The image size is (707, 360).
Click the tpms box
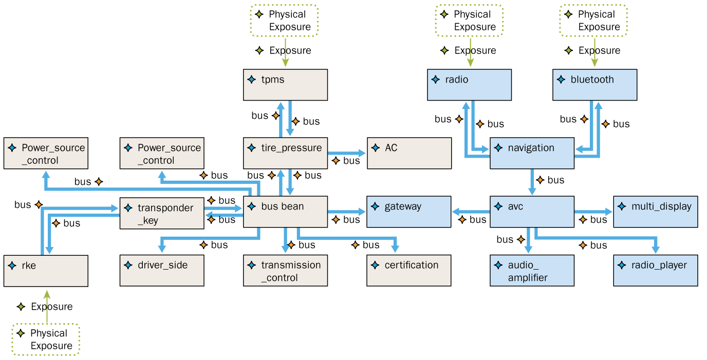[x=285, y=85]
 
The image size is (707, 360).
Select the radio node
[x=469, y=85]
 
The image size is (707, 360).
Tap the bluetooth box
[x=594, y=85]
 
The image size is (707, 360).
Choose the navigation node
[x=532, y=153]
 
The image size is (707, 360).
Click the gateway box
[x=408, y=212]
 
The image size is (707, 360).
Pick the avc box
[x=532, y=212]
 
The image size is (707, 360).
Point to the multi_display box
[x=655, y=212]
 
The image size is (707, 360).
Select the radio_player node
[x=655, y=270]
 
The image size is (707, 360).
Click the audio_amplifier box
[x=532, y=270]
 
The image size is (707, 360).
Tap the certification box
[x=408, y=270]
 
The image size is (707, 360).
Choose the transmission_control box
[x=285, y=270]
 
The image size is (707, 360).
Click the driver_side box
[x=162, y=270]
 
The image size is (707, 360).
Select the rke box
[x=46, y=270]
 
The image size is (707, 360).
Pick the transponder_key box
[x=162, y=213]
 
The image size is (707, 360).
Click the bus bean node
[x=285, y=212]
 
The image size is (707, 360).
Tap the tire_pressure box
[x=285, y=153]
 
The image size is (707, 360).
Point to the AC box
[x=409, y=153]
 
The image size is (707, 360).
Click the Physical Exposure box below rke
[x=46, y=339]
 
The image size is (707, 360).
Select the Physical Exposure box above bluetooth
[x=593, y=21]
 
